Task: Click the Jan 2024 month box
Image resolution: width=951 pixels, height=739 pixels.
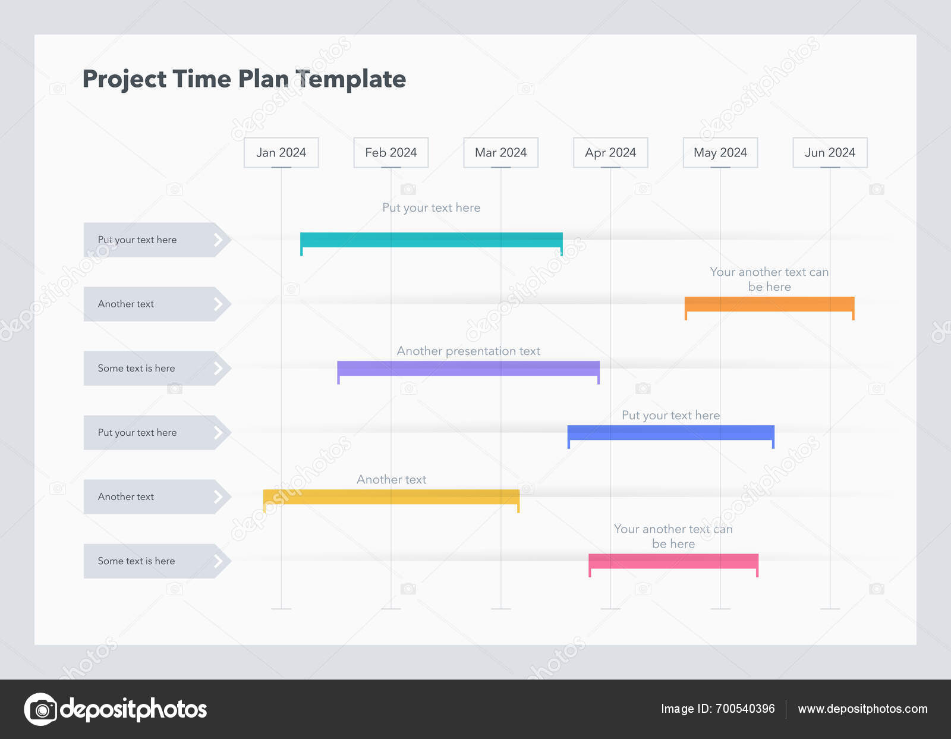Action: (281, 153)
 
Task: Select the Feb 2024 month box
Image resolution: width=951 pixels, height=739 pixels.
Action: (391, 153)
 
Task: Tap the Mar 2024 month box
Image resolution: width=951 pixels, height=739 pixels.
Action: (500, 153)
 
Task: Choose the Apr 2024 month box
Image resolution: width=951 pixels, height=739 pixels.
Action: (610, 153)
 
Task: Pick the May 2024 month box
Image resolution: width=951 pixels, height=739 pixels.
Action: (720, 153)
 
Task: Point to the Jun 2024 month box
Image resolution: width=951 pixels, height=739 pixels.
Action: (830, 153)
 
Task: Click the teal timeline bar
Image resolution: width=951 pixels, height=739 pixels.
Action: (431, 240)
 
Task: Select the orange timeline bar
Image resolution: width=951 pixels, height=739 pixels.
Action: (769, 304)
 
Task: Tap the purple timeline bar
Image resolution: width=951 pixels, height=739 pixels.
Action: (468, 368)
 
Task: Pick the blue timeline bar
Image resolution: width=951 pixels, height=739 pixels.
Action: (670, 432)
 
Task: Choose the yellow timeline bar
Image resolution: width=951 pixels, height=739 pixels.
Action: (391, 496)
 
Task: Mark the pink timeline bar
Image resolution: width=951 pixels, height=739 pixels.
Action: (673, 561)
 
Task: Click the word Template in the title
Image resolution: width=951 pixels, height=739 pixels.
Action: (351, 79)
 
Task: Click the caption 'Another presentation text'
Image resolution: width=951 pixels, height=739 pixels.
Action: (468, 351)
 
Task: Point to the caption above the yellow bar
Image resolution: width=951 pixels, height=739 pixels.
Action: (391, 479)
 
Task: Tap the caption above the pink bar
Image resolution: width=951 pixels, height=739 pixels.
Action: (673, 536)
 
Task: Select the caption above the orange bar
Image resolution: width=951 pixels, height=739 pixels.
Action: (769, 279)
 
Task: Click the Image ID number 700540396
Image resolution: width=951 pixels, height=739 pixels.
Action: (745, 709)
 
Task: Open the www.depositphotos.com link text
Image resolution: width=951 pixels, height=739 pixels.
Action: (862, 709)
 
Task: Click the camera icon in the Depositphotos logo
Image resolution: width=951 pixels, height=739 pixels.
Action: (41, 709)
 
